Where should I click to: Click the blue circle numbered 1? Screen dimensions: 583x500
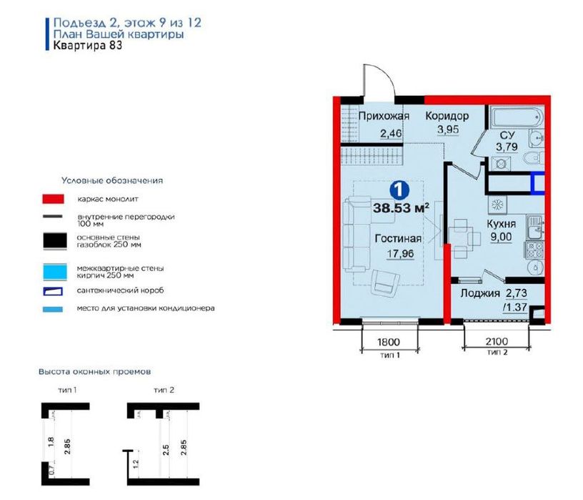point(399,190)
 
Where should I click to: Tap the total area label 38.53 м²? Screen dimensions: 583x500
point(402,207)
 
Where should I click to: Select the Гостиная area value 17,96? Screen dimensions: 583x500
point(400,253)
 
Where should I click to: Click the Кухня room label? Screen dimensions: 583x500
point(502,224)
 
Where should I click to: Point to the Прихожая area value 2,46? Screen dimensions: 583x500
point(391,133)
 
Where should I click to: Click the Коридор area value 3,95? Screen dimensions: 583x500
point(448,129)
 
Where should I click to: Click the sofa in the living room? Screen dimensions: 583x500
point(357,235)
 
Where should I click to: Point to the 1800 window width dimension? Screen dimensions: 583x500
point(389,341)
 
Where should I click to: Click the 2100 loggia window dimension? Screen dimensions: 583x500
point(497,340)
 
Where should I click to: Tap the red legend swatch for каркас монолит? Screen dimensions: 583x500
point(53,199)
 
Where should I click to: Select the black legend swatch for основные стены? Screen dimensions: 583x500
point(54,241)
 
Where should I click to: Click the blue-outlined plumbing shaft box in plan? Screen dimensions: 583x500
point(538,183)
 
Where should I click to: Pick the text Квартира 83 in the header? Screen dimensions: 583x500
point(88,45)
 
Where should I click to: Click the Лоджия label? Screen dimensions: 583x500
point(480,293)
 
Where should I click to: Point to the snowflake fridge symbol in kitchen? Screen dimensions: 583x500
point(497,205)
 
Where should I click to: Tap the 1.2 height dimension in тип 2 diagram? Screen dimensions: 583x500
point(136,464)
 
